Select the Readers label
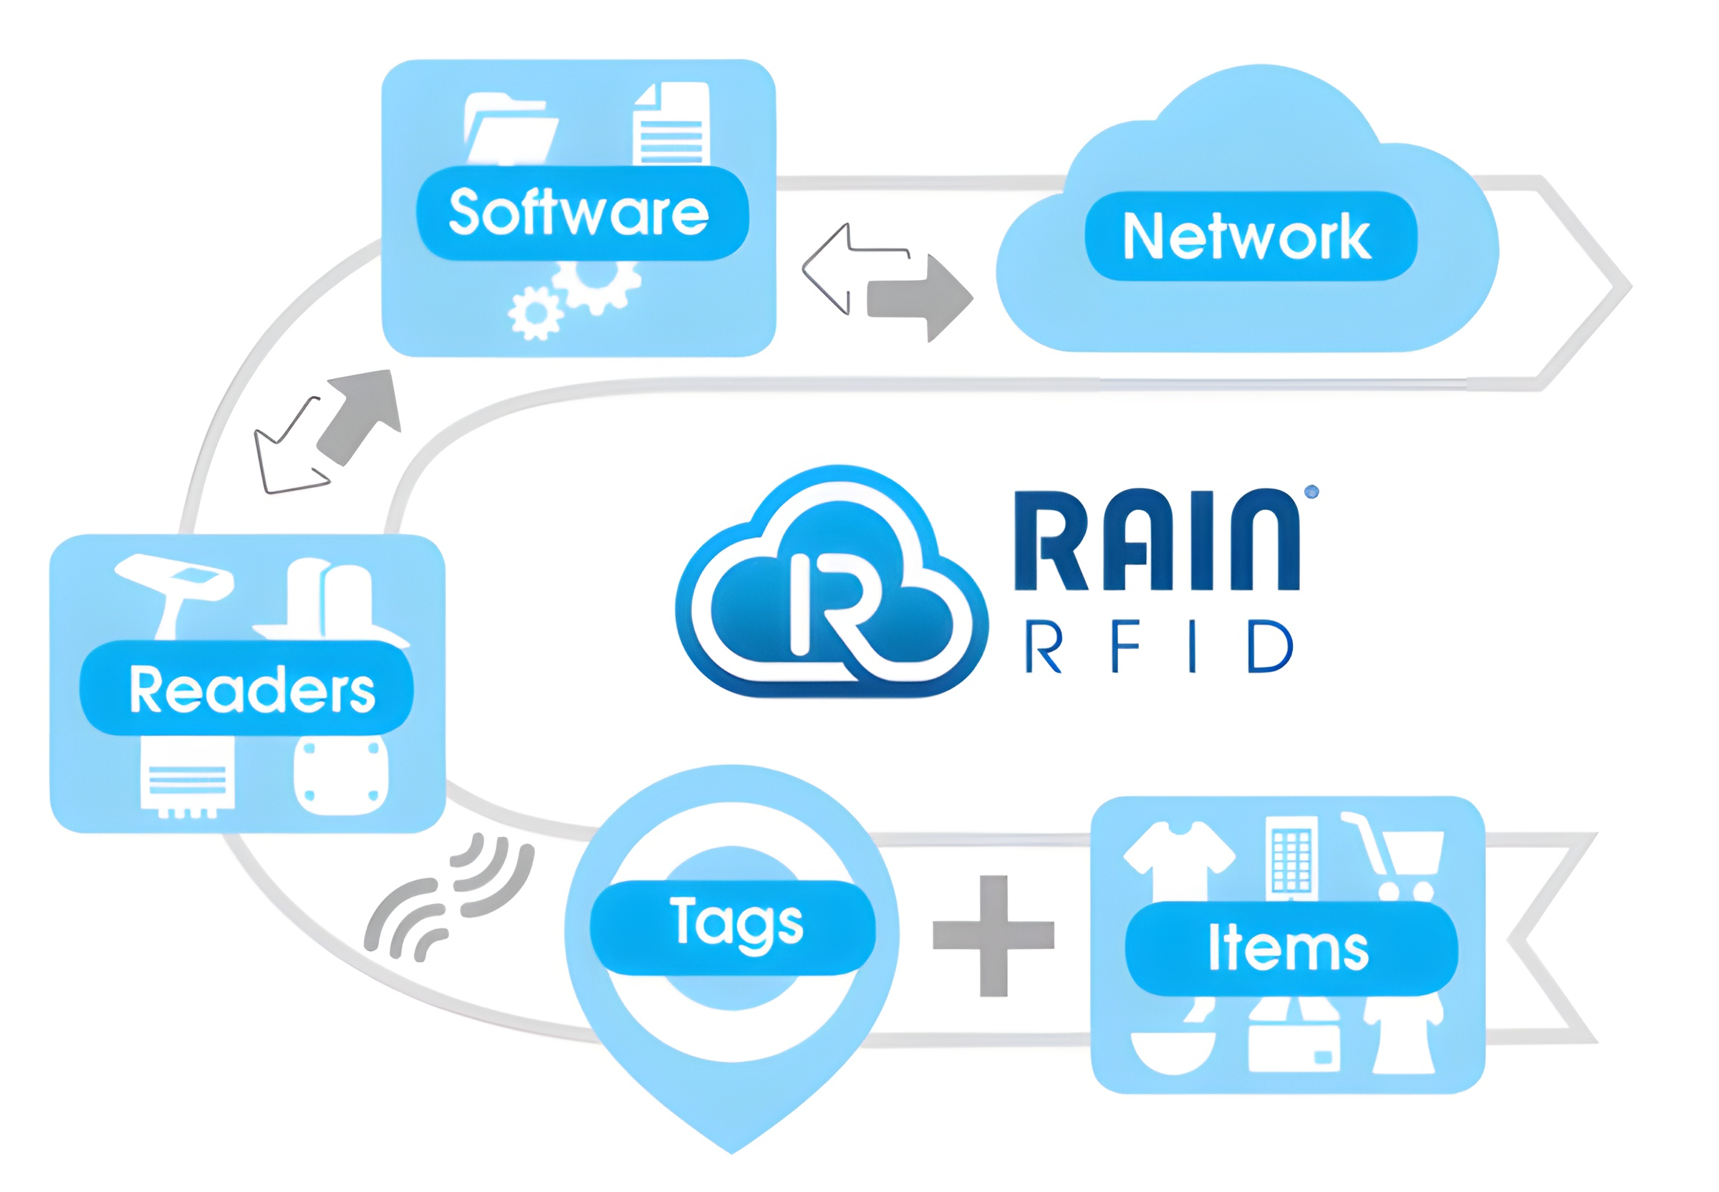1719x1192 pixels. point(250,689)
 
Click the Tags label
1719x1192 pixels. point(735,924)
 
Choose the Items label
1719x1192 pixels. point(1290,948)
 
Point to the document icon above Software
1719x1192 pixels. point(670,124)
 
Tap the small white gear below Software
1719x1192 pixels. point(534,312)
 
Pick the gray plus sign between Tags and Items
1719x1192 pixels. point(993,935)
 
